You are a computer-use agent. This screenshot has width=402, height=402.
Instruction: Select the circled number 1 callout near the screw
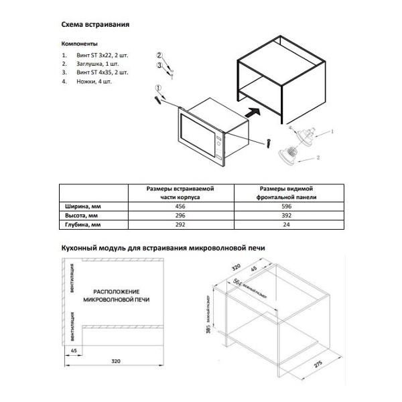pyautogui.click(x=158, y=88)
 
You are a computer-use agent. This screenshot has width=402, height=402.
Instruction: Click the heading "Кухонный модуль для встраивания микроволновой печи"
pyautogui.click(x=163, y=247)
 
